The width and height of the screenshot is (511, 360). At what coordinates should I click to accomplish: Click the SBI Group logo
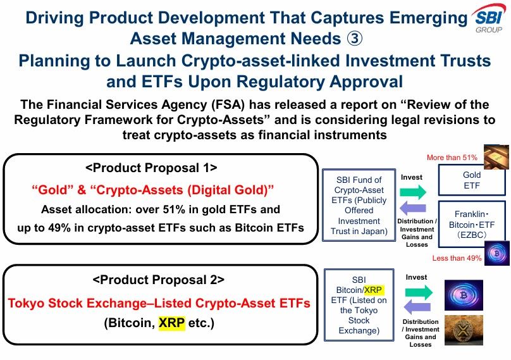[x=488, y=20]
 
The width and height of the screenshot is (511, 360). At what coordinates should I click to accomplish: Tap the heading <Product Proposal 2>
[x=158, y=280]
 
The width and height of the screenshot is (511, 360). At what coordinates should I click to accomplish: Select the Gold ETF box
[x=472, y=180]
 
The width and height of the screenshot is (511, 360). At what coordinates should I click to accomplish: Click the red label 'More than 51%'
[x=452, y=156]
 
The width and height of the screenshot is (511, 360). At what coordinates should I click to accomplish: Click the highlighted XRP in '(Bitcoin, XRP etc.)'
[x=173, y=322]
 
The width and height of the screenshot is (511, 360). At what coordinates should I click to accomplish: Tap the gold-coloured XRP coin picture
[x=463, y=330]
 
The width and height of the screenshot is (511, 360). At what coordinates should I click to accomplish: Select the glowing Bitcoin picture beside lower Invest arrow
[x=463, y=295]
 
